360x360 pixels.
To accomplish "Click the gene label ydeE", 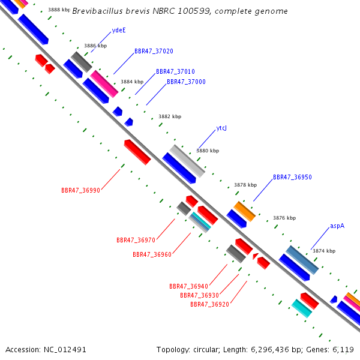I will pyautogui.click(x=119, y=30).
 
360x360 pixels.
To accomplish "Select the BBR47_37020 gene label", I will pyautogui.click(x=154, y=51).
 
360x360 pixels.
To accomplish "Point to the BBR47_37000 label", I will pyautogui.click(x=186, y=82).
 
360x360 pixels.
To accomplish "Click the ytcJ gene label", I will pyautogui.click(x=221, y=128).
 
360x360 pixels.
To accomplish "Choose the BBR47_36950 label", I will pyautogui.click(x=292, y=178).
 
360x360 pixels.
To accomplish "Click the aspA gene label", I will pyautogui.click(x=337, y=226).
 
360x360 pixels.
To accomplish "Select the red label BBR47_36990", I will pyautogui.click(x=80, y=190).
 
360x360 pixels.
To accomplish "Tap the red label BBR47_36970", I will pyautogui.click(x=136, y=240).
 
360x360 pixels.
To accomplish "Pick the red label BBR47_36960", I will pyautogui.click(x=152, y=254).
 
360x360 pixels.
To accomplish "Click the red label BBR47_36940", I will pyautogui.click(x=188, y=286).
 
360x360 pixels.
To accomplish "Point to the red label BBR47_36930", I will pyautogui.click(x=199, y=295).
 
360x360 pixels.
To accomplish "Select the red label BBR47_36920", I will pyautogui.click(x=209, y=304).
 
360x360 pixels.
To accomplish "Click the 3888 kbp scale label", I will pyautogui.click(x=59, y=10).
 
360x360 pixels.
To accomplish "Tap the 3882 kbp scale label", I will pyautogui.click(x=170, y=117).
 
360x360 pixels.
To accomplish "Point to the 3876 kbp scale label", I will pyautogui.click(x=285, y=218).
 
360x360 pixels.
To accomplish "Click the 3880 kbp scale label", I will pyautogui.click(x=208, y=151).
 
